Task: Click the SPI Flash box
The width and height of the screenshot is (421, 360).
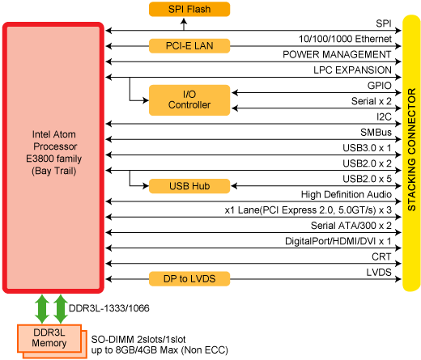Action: tap(189, 9)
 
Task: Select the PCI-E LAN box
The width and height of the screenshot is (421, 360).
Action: tap(189, 46)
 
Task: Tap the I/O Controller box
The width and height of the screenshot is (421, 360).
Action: tap(189, 100)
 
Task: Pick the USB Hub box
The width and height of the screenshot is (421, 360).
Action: tap(189, 186)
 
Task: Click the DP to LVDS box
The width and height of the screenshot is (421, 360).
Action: tap(189, 279)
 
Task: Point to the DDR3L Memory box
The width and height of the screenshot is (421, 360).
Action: tap(49, 338)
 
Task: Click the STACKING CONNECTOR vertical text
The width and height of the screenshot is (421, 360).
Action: tap(411, 150)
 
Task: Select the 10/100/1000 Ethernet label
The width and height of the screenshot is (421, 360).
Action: tap(345, 39)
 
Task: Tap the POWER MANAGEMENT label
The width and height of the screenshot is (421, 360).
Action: tap(337, 54)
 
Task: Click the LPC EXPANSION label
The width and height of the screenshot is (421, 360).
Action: tap(352, 70)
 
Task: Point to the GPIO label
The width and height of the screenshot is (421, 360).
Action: tap(379, 86)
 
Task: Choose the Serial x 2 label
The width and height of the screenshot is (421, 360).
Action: tap(372, 101)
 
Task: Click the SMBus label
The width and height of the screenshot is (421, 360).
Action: tap(376, 132)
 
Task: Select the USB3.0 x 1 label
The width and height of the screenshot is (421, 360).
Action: tap(367, 148)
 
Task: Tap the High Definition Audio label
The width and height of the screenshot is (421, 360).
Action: tap(347, 194)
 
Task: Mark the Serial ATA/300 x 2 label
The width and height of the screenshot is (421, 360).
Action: tap(351, 226)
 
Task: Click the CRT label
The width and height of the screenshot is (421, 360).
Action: tap(381, 256)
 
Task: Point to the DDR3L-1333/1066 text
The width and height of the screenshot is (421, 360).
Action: tap(109, 308)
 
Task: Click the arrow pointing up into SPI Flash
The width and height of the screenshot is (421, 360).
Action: tap(184, 24)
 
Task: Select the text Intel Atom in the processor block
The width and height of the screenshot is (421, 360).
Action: tap(54, 134)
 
